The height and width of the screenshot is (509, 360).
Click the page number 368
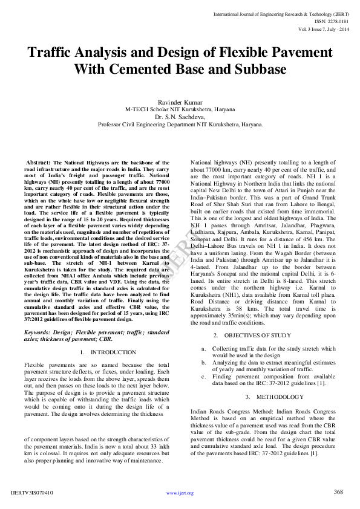coord(339,492)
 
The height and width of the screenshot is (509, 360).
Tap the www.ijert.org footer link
coord(180,493)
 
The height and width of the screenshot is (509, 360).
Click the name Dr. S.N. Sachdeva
coord(180,117)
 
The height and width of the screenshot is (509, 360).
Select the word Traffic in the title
coord(51,53)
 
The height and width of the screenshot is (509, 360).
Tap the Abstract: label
coord(38,163)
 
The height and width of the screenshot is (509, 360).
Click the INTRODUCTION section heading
coord(113,352)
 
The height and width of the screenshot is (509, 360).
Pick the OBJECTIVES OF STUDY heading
coord(257,335)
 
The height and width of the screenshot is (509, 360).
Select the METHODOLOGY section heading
coord(274,397)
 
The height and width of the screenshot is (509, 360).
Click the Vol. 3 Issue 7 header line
coord(324,28)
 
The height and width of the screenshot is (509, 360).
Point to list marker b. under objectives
coord(204,362)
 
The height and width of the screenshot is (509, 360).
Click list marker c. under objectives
coord(204,376)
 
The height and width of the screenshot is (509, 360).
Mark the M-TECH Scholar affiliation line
coord(180,110)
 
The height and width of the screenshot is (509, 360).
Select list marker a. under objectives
coord(204,349)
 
